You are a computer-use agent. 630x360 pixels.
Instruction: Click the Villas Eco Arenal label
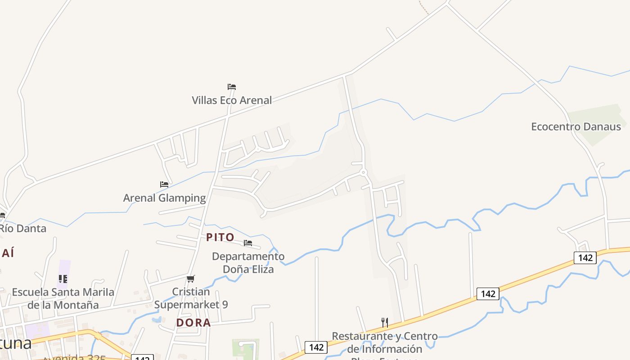click(232, 100)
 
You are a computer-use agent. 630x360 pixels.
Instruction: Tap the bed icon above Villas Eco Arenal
click(232, 86)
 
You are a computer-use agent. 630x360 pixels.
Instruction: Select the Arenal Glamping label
click(164, 198)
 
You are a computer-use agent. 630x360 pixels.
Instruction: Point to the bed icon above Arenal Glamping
click(164, 184)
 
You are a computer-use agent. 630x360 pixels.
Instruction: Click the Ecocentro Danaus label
click(576, 126)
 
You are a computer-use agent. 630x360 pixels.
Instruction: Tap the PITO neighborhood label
click(220, 237)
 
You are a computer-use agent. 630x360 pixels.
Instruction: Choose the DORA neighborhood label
click(193, 323)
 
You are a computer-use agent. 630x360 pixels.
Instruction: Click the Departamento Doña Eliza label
click(248, 263)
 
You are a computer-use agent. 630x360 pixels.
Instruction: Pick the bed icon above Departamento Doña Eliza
click(248, 243)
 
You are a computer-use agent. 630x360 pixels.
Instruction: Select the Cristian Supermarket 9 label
click(191, 298)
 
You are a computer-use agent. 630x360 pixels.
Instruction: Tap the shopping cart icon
click(191, 279)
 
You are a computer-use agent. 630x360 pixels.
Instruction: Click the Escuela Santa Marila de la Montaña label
click(63, 298)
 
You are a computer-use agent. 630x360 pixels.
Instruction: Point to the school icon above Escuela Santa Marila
click(63, 279)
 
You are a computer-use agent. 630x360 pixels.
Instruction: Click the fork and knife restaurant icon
click(385, 322)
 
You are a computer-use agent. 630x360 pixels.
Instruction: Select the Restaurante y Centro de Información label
click(385, 342)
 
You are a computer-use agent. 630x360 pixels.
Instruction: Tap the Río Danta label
click(22, 228)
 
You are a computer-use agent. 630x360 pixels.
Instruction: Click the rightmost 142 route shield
click(585, 258)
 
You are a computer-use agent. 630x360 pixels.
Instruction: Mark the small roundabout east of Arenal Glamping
click(363, 172)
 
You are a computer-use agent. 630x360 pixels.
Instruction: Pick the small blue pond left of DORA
click(157, 320)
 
